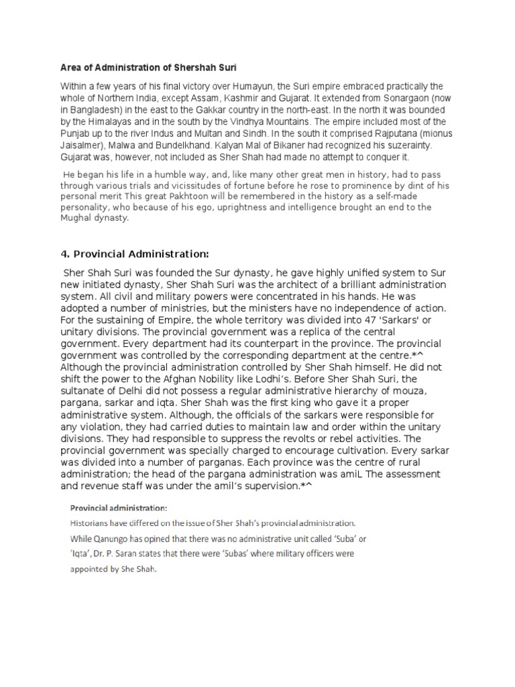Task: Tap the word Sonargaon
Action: (x=399, y=98)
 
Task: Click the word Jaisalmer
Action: (x=81, y=145)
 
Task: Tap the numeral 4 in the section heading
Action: (x=64, y=254)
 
